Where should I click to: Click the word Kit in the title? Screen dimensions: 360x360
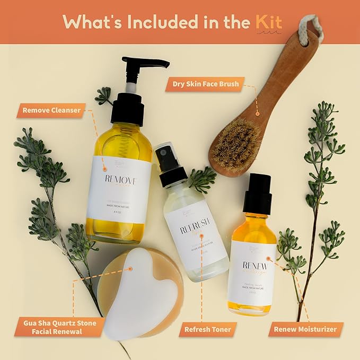pyautogui.click(x=268, y=22)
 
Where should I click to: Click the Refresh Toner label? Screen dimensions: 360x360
pyautogui.click(x=207, y=330)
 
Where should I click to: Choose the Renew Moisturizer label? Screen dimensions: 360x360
pyautogui.click(x=305, y=330)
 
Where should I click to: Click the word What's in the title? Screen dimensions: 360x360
pyautogui.click(x=93, y=22)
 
